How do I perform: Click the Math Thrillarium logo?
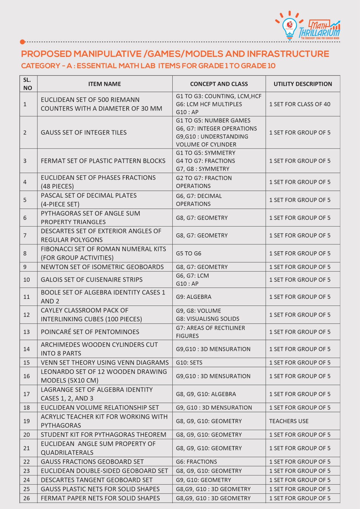(308, 26)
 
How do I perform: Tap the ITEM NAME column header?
(104, 84)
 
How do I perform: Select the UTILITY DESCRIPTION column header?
(303, 84)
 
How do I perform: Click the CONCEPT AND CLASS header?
(219, 84)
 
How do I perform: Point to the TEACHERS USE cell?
(289, 421)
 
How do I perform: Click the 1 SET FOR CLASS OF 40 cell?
(300, 104)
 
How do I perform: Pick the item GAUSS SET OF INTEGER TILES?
(84, 132)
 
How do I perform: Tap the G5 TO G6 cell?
(189, 253)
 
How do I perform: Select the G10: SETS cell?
(189, 362)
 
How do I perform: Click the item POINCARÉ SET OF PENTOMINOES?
(90, 332)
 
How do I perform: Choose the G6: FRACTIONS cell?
(196, 462)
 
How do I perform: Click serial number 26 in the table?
(27, 498)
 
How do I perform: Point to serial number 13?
(27, 332)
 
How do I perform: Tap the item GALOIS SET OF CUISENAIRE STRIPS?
(92, 279)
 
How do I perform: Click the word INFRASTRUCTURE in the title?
(288, 54)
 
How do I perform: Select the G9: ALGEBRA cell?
(193, 297)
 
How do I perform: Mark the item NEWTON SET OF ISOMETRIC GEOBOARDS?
(102, 267)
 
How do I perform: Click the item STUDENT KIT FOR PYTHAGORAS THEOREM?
(103, 434)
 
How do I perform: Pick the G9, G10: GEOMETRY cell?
(203, 480)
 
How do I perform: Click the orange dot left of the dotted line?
(23, 42)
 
